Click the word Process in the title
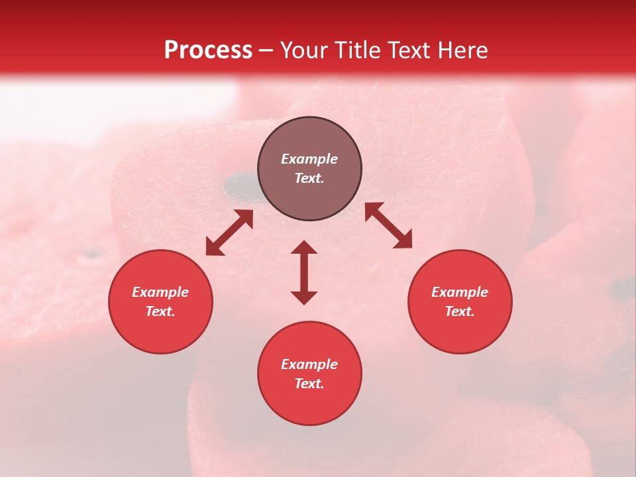click(208, 50)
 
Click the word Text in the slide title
click(412, 50)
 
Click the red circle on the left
click(160, 301)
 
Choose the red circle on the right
click(460, 301)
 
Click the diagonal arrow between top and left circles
click(229, 233)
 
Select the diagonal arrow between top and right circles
click(388, 225)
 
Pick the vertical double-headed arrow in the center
click(304, 272)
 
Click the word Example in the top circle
click(309, 159)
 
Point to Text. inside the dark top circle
click(309, 178)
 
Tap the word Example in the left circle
click(160, 292)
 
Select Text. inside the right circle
click(460, 311)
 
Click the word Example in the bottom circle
click(309, 364)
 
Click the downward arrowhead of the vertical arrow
click(304, 297)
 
